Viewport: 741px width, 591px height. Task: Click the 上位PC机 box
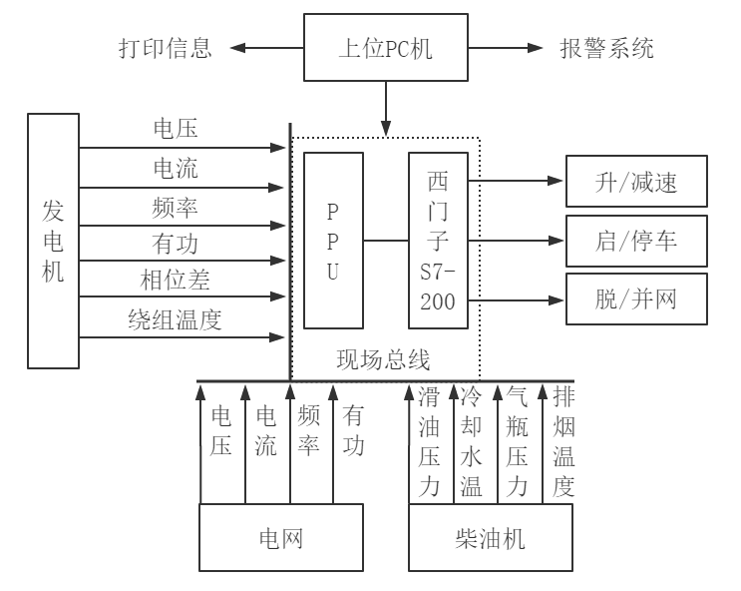coord(387,47)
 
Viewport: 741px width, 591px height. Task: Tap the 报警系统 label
coord(608,48)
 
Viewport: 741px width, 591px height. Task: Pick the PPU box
coord(333,241)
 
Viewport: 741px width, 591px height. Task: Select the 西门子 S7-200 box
coord(437,241)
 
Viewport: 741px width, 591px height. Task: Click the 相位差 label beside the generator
coord(175,279)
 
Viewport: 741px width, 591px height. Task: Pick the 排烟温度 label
coord(562,442)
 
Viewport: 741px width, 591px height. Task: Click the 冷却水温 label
coord(471,442)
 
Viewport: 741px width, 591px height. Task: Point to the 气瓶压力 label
coord(517,442)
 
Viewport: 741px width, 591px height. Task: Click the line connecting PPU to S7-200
coord(385,241)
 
